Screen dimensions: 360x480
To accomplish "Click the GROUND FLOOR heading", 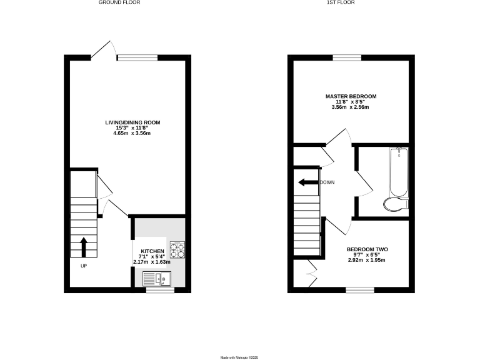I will coord(119,2).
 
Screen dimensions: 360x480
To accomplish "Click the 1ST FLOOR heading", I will coord(350,2).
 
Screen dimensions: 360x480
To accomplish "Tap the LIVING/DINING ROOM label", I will coord(128,122).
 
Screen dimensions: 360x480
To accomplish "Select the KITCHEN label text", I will coord(151,251).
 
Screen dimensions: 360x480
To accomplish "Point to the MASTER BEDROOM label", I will coord(350,96).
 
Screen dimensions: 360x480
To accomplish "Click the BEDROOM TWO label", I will coord(367,249).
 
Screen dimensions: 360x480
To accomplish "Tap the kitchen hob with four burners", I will coord(177,249).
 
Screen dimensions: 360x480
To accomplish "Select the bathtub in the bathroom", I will coord(397,171).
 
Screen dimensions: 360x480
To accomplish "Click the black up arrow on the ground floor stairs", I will coord(84,246).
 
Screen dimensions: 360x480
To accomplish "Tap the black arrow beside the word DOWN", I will coord(307,182).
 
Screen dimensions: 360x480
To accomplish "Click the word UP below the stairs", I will coord(83,266).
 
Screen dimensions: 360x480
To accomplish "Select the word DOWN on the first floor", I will coord(327,182).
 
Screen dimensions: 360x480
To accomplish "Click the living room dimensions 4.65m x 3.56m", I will coord(128,133).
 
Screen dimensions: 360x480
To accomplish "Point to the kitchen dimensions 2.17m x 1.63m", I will coord(151,262).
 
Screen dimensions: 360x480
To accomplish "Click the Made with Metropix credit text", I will coord(239,357).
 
